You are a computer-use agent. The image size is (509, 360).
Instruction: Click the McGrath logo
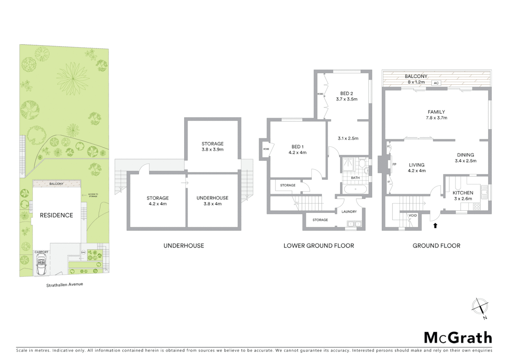pos(458,338)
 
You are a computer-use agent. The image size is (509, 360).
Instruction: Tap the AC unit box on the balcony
pos(436,83)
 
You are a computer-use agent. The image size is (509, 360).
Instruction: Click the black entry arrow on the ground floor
pos(435,226)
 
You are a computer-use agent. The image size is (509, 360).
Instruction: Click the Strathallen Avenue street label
pos(64,285)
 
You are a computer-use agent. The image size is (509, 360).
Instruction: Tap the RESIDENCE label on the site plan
pos(56,215)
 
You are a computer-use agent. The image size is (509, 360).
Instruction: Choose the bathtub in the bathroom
pos(355,189)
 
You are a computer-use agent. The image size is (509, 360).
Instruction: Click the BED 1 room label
pos(297,147)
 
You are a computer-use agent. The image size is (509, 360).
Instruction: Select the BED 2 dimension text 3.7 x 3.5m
pos(346,99)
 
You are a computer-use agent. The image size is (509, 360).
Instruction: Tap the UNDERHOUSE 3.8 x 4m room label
pos(212,201)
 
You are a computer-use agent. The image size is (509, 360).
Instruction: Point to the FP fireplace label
pos(394,164)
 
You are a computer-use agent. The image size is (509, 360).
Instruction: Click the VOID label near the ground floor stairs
pos(413,215)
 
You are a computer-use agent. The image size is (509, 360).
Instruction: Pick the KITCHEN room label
pos(463,193)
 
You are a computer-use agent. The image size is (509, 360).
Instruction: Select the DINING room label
pos(465,155)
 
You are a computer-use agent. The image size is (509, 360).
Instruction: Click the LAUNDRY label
pos(349,212)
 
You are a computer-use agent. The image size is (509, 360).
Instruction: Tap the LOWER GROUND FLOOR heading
pos(318,246)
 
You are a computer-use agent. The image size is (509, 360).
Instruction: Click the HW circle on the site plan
pos(83,252)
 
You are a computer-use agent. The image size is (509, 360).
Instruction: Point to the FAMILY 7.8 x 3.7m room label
pos(436,115)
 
